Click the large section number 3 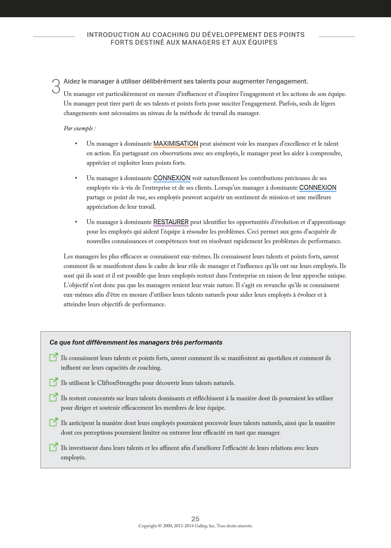pyautogui.click(x=56, y=86)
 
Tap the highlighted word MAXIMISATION pyautogui.click(x=176, y=144)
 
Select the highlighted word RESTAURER pyautogui.click(x=171, y=222)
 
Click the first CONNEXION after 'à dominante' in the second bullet pyautogui.click(x=172, y=178)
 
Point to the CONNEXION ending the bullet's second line pyautogui.click(x=318, y=188)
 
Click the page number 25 pyautogui.click(x=195, y=519)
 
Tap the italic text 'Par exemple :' pyautogui.click(x=80, y=128)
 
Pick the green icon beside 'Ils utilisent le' pyautogui.click(x=54, y=382)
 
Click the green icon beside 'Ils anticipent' pyautogui.click(x=54, y=422)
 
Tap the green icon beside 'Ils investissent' pyautogui.click(x=54, y=447)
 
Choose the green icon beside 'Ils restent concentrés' pyautogui.click(x=54, y=397)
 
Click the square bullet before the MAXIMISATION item pyautogui.click(x=76, y=144)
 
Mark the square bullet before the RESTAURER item pyautogui.click(x=76, y=222)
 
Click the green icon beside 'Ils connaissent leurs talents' pyautogui.click(x=54, y=357)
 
